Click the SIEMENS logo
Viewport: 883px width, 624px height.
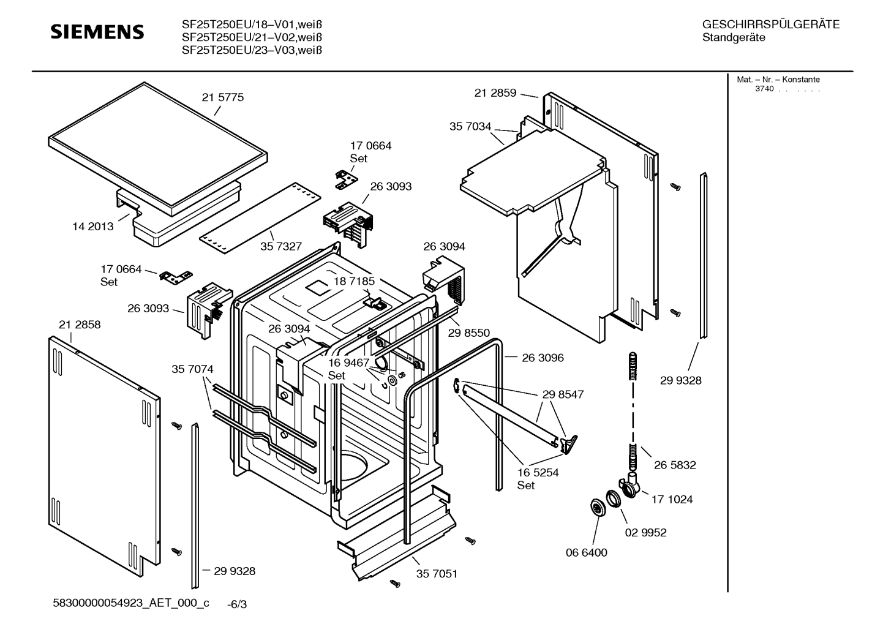pyautogui.click(x=97, y=32)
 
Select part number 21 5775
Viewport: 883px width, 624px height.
pyautogui.click(x=222, y=97)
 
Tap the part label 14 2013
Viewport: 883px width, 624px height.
pyautogui.click(x=93, y=227)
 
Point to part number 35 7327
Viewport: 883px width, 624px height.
pyautogui.click(x=281, y=246)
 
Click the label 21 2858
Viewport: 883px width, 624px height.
pyautogui.click(x=80, y=325)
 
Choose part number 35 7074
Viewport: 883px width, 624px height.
pyautogui.click(x=192, y=369)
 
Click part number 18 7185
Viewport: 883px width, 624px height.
pyautogui.click(x=354, y=281)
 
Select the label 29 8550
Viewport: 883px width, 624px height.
pyautogui.click(x=469, y=333)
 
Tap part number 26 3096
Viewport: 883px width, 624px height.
pyautogui.click(x=543, y=358)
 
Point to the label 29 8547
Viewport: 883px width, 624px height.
pyautogui.click(x=563, y=394)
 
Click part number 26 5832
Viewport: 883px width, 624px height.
pyautogui.click(x=675, y=465)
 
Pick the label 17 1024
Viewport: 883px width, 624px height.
pyautogui.click(x=672, y=500)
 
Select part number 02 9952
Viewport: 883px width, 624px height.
pyautogui.click(x=645, y=533)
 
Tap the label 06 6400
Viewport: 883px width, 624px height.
pyautogui.click(x=586, y=553)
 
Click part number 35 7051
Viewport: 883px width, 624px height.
pyautogui.click(x=437, y=574)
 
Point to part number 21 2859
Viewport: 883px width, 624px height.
pyautogui.click(x=495, y=93)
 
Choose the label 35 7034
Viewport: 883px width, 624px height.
pyautogui.click(x=470, y=127)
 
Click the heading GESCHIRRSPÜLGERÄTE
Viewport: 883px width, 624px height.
pyautogui.click(x=770, y=25)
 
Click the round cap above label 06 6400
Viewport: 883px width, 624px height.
pyautogui.click(x=595, y=508)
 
